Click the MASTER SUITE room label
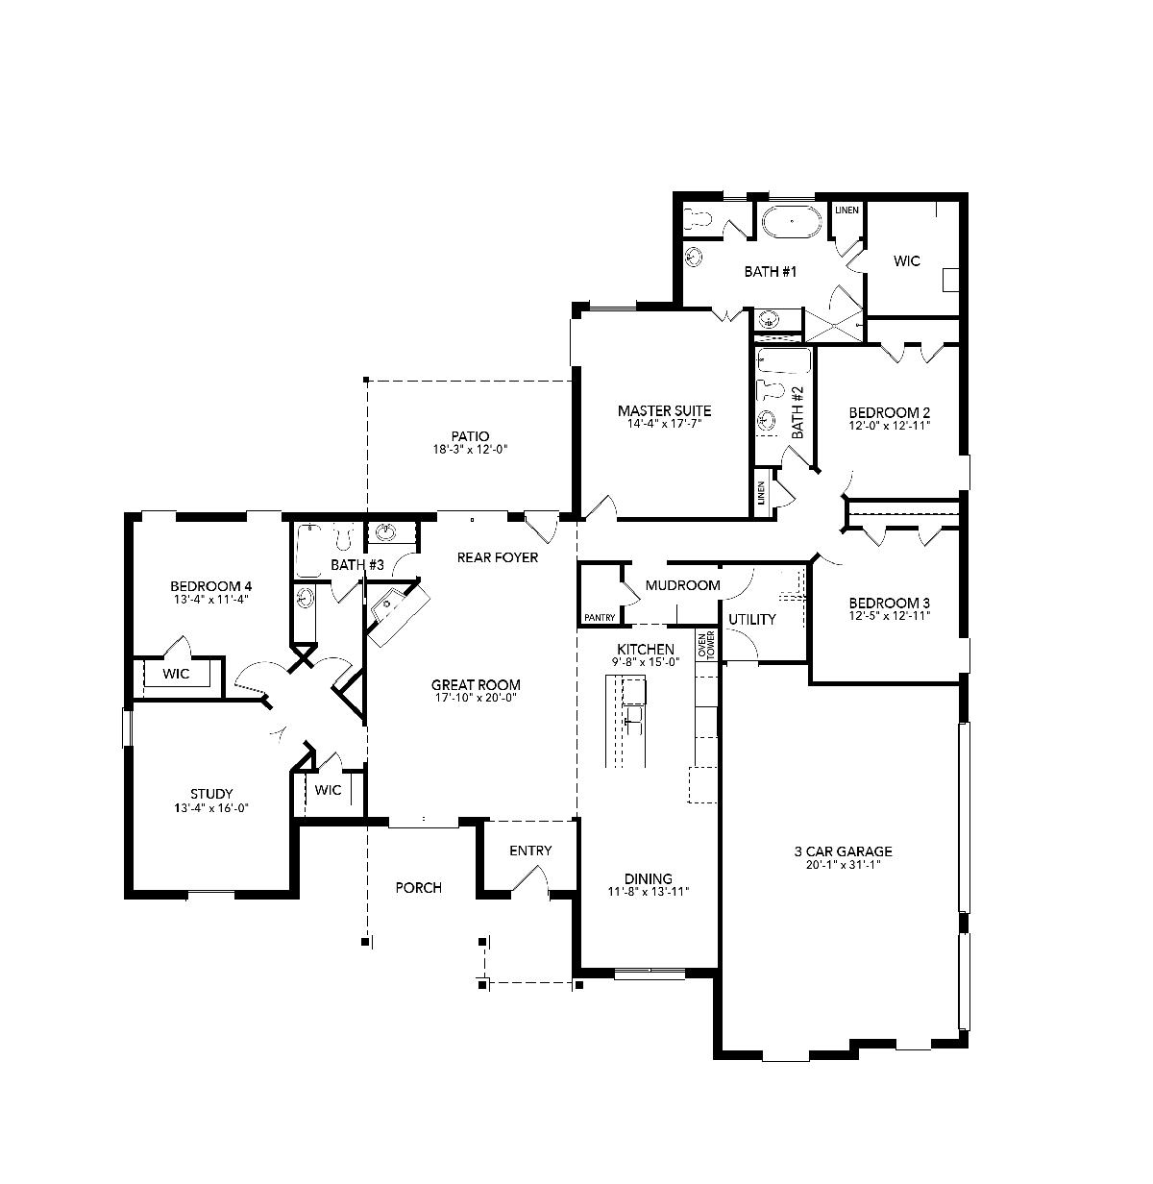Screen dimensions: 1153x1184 [665, 410]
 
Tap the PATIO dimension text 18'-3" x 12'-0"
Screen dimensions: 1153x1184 [470, 450]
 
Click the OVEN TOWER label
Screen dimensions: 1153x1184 [706, 646]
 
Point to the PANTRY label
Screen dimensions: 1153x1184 [600, 618]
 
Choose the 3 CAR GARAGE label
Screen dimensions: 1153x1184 [844, 851]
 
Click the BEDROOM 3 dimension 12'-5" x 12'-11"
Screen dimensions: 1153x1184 [889, 615]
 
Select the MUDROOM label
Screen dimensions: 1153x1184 [683, 585]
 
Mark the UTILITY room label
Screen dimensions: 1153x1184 [752, 619]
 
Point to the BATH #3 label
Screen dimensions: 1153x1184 [357, 565]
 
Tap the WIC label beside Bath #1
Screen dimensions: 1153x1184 [907, 261]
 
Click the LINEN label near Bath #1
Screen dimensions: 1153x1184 [846, 210]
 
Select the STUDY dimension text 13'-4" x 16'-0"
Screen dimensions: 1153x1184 [211, 808]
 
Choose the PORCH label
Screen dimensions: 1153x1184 [419, 888]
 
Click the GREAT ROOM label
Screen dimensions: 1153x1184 [476, 685]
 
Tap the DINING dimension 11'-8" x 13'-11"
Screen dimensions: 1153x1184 [648, 892]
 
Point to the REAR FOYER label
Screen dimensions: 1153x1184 [498, 557]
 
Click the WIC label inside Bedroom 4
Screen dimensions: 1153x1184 [176, 674]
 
